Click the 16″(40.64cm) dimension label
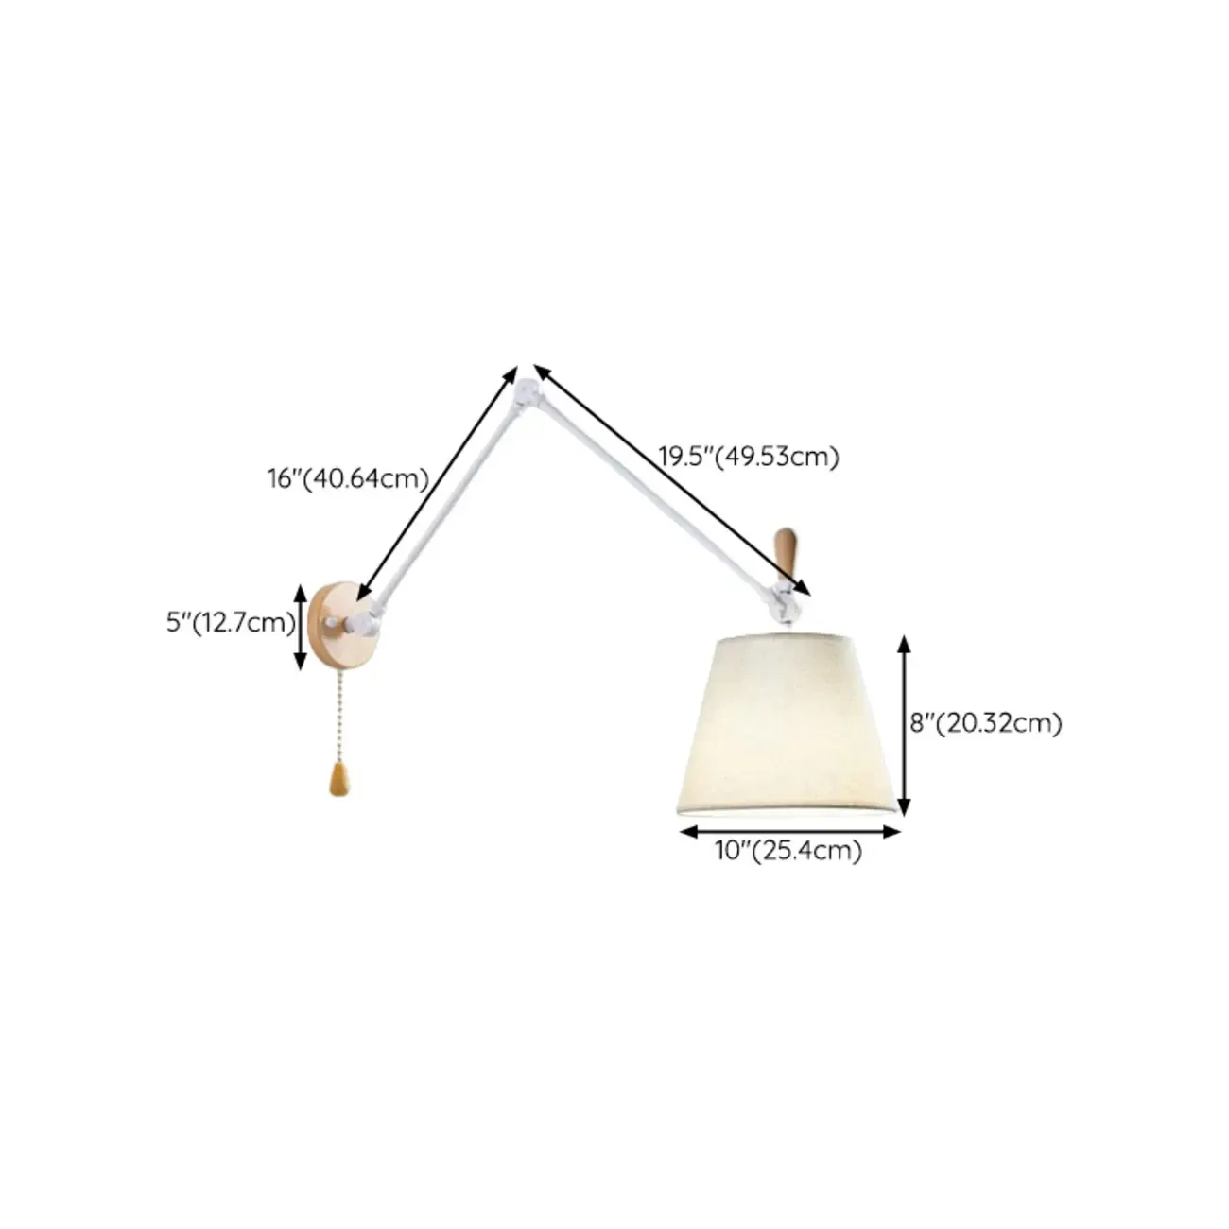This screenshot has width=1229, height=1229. [348, 478]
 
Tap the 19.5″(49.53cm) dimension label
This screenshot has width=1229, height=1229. [749, 457]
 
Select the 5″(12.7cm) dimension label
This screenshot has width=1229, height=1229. [232, 622]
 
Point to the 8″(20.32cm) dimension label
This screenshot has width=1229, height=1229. [986, 723]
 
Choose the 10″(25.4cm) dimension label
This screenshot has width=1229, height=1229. [788, 850]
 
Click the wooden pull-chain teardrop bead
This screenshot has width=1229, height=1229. [339, 781]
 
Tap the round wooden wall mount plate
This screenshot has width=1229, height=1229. [342, 624]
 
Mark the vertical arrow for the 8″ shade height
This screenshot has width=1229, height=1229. [903, 725]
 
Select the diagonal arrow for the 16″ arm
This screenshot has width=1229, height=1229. [437, 484]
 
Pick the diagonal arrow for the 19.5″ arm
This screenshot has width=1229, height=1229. [671, 479]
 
